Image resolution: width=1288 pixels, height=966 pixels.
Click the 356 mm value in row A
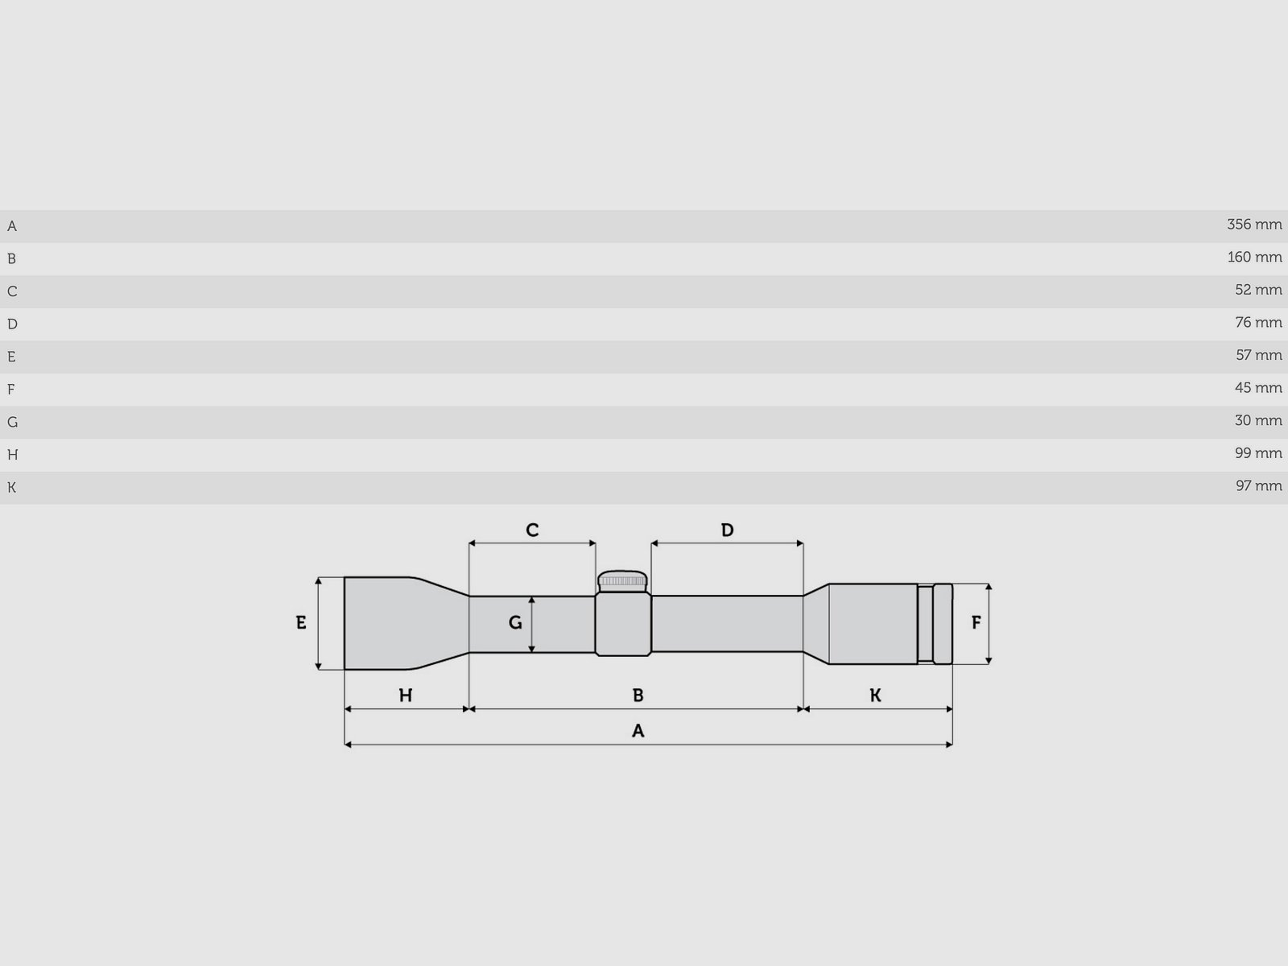coord(1254,225)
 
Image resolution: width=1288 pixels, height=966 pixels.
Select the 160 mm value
coord(1254,258)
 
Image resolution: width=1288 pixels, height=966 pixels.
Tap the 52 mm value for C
coord(1258,290)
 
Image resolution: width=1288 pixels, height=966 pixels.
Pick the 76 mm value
coord(1258,323)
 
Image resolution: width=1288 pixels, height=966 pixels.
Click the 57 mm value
coord(1258,355)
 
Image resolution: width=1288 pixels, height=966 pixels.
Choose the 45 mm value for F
coord(1258,388)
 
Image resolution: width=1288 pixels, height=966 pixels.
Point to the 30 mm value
coord(1258,420)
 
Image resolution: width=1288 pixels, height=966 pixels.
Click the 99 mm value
coord(1258,453)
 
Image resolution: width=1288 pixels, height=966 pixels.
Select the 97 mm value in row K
coord(1258,486)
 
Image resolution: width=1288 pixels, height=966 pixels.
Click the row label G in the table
coord(12,422)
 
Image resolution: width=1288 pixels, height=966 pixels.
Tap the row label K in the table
coord(11,487)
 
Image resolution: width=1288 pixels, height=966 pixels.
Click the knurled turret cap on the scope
coord(622,580)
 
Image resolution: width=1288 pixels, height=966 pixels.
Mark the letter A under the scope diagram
coord(638,731)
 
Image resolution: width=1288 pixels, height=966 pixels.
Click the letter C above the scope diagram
coord(532,530)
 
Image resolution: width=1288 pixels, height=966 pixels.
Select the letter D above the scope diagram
coord(727,530)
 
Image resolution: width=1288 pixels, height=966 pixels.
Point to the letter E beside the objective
coord(301,622)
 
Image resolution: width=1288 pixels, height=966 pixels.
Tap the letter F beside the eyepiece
coord(976,622)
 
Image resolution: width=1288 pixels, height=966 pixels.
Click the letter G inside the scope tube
coord(515,622)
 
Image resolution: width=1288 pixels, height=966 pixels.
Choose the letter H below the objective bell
coord(406,696)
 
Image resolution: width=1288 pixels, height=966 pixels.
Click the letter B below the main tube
coord(638,696)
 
